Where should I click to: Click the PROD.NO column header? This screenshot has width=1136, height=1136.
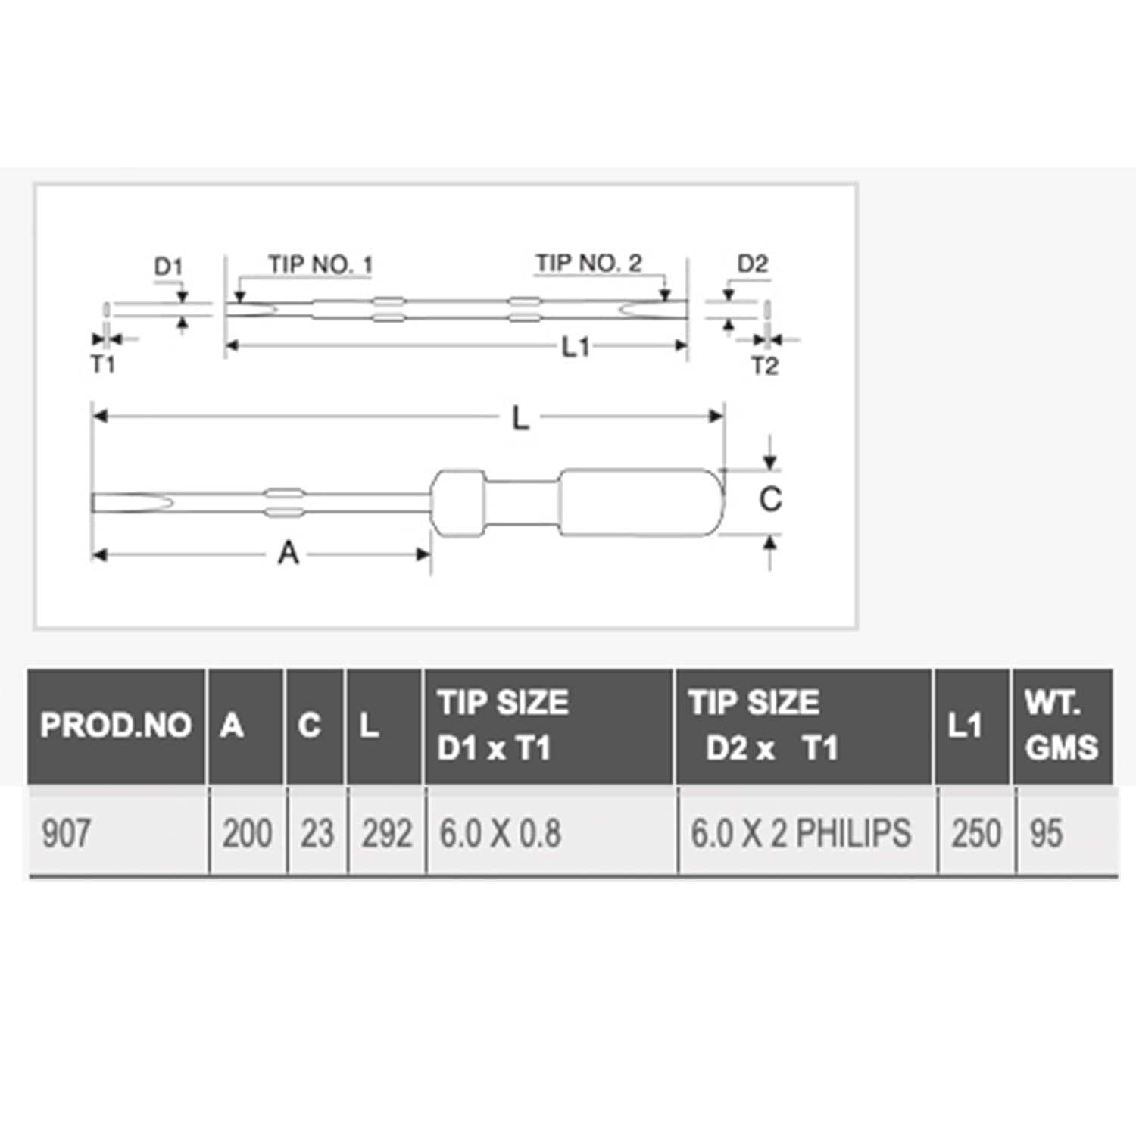tap(115, 726)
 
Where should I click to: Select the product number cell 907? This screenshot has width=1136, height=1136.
tap(66, 834)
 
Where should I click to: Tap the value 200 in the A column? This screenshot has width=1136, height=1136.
tap(247, 834)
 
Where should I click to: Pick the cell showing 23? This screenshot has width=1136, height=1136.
tap(317, 834)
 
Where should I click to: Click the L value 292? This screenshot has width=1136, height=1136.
tap(386, 834)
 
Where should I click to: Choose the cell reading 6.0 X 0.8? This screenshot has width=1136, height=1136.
tap(500, 834)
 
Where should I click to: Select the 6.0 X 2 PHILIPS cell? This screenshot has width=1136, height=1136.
tap(801, 834)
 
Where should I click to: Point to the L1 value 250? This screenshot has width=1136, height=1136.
tap(976, 834)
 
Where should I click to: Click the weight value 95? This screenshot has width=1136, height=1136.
tap(1046, 834)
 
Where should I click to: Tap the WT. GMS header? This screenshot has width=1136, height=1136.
tap(1061, 726)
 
